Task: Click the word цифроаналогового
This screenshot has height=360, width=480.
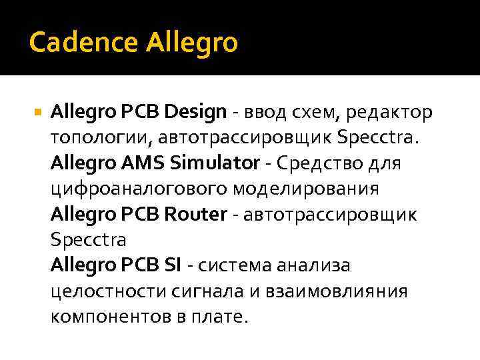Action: coord(140,189)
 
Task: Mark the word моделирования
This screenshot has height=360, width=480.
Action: coord(306,189)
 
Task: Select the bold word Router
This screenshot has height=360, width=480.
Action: coord(195,214)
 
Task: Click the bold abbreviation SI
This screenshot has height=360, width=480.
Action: coord(173,265)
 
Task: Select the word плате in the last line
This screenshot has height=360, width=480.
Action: coord(219,317)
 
